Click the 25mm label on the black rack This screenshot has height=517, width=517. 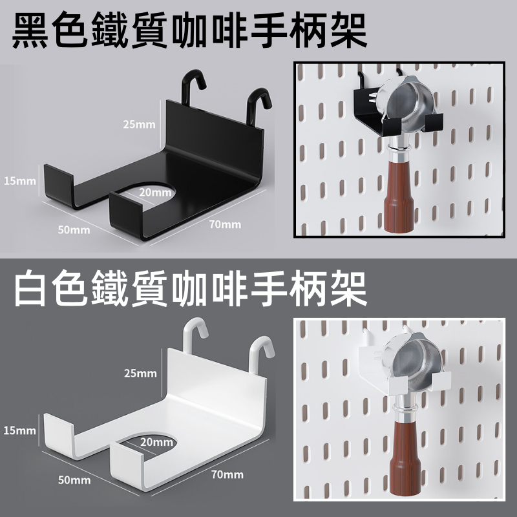click(x=139, y=124)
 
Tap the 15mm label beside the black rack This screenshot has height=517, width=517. click(x=20, y=181)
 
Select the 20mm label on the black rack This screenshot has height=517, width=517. click(x=155, y=192)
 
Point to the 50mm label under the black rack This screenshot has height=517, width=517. click(x=74, y=229)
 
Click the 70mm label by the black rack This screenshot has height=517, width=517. click(x=225, y=224)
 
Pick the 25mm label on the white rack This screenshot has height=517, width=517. click(x=140, y=374)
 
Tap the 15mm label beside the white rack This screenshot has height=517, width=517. click(x=20, y=430)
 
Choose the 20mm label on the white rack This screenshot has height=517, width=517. click(x=156, y=442)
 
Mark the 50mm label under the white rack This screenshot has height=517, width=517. click(x=74, y=480)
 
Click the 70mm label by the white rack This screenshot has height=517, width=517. click(x=227, y=474)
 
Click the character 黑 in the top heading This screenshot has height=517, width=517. click(x=30, y=30)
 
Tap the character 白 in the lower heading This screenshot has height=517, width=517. click(x=30, y=288)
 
